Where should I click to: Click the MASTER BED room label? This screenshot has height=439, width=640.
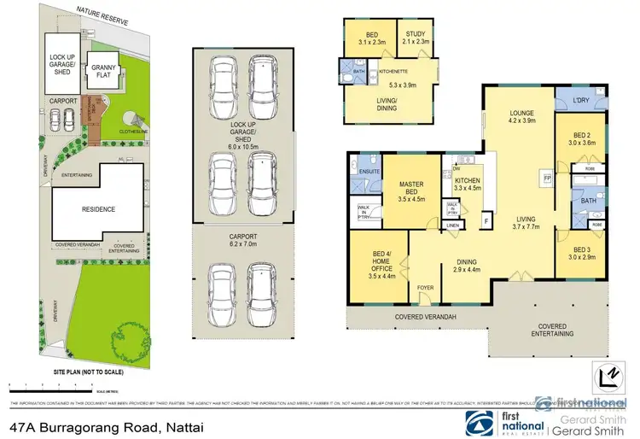[411, 187]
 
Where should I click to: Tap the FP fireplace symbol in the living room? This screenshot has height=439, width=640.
[547, 179]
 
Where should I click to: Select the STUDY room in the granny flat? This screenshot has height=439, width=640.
[416, 35]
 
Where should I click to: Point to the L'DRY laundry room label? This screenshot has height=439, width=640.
[582, 102]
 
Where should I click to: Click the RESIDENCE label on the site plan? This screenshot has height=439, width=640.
[98, 209]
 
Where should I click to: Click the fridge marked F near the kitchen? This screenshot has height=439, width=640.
[486, 221]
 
